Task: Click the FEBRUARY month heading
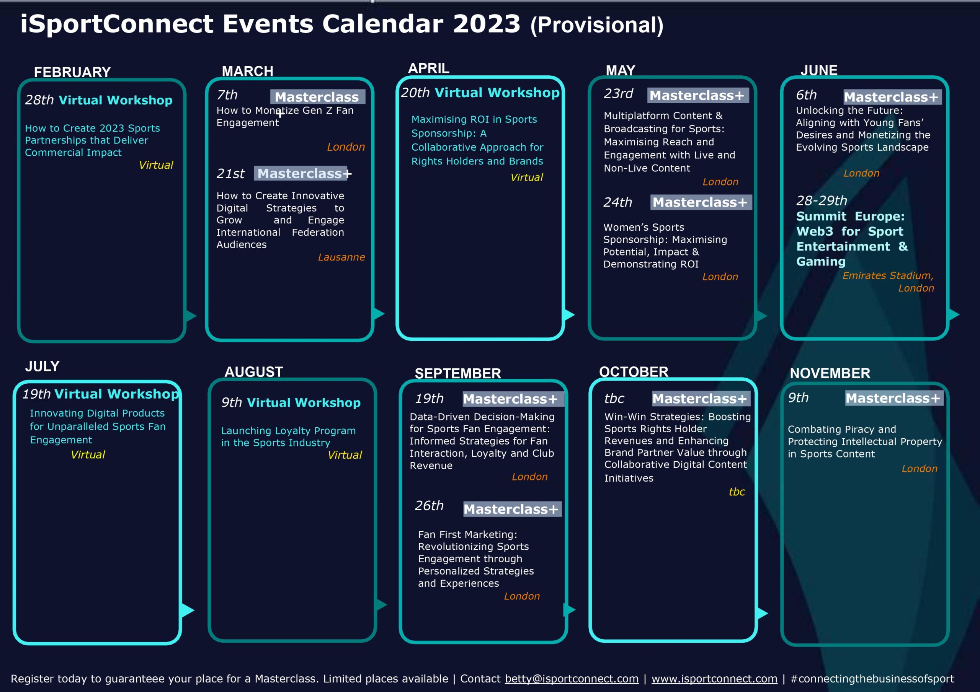pyautogui.click(x=72, y=72)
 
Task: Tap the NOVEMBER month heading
pyautogui.click(x=830, y=373)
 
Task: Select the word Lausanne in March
pyautogui.click(x=341, y=257)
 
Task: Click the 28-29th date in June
pyautogui.click(x=822, y=200)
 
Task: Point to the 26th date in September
pyautogui.click(x=430, y=506)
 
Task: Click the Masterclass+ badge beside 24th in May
pyautogui.click(x=701, y=202)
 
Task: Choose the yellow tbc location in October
pyautogui.click(x=737, y=492)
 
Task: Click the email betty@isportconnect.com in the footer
pyautogui.click(x=572, y=679)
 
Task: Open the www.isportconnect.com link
pyautogui.click(x=714, y=679)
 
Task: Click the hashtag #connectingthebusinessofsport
pyautogui.click(x=872, y=679)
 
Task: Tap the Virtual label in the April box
pyautogui.click(x=527, y=177)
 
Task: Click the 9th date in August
pyautogui.click(x=231, y=402)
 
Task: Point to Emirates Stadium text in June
pyautogui.click(x=888, y=275)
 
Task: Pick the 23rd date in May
pyautogui.click(x=619, y=93)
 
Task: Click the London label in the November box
pyautogui.click(x=920, y=469)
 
